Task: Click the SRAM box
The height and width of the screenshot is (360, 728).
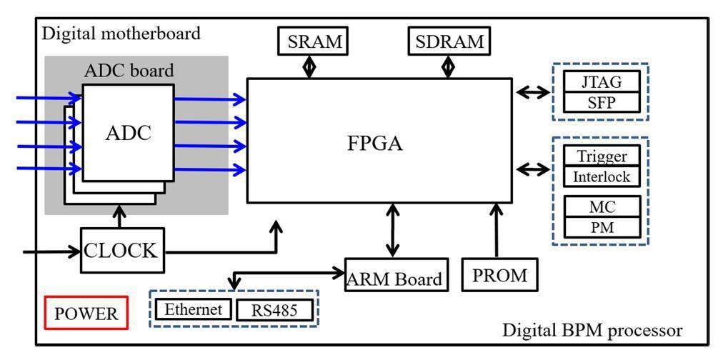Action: point(311,41)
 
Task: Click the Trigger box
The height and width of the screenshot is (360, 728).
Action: point(602,156)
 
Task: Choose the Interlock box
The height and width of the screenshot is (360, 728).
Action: point(602,176)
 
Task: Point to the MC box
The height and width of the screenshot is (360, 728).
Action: point(602,206)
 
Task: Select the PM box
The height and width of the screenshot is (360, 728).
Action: point(602,227)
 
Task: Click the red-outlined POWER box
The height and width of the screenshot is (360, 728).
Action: point(86,313)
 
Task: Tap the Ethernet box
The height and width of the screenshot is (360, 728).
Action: point(193,309)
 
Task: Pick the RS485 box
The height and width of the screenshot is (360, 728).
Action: point(274,310)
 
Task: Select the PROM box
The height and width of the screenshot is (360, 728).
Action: point(499,275)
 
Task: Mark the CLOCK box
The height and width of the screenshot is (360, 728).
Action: point(121,251)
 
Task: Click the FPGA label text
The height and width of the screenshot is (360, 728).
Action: point(375,143)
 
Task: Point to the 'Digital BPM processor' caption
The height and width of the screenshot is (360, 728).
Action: point(592,331)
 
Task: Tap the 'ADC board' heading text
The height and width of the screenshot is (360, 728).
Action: point(129,71)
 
